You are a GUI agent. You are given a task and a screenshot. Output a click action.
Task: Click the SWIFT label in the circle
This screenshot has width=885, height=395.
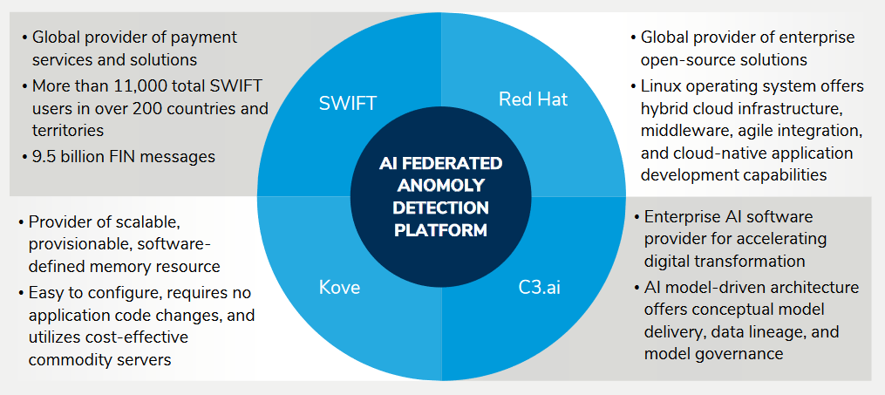(348, 104)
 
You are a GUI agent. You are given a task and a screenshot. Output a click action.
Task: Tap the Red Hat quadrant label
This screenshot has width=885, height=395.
(533, 99)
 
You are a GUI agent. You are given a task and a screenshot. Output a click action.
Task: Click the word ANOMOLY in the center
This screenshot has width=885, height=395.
(440, 186)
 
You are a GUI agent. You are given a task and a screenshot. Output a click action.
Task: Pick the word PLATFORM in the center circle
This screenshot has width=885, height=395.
(440, 230)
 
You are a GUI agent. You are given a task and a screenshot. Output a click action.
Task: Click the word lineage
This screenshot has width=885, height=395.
(767, 331)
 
